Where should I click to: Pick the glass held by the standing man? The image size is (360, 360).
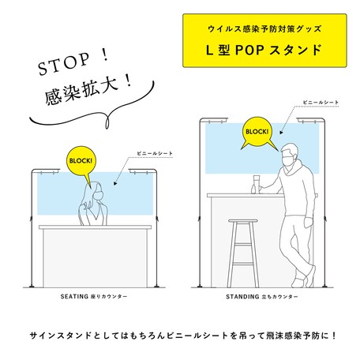256,181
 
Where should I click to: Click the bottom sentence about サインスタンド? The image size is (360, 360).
180,335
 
